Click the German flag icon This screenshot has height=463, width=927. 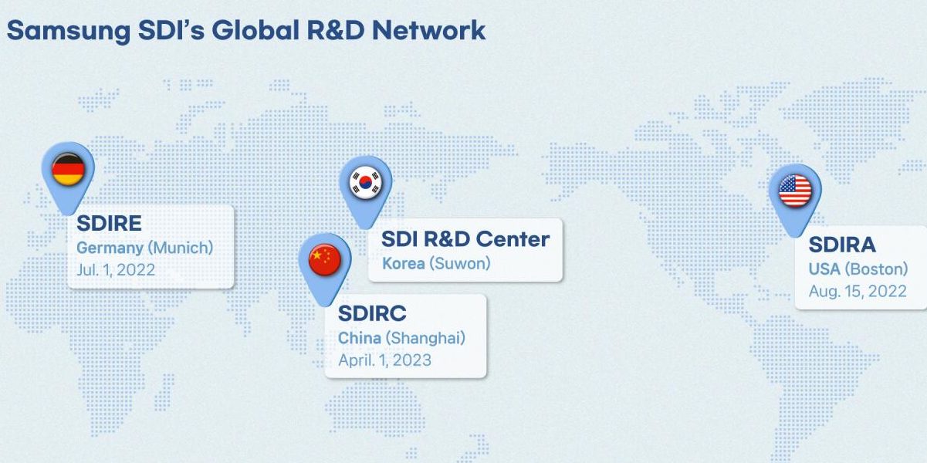pos(68,169)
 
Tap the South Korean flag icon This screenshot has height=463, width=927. pos(365,182)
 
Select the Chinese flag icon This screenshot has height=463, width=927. pos(325,260)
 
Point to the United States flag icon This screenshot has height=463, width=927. pos(795,191)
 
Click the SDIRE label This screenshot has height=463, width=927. pos(110,224)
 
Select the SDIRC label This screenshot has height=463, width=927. pos(372,313)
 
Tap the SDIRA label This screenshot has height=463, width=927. pos(842,245)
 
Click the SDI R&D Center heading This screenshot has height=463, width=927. pos(465,239)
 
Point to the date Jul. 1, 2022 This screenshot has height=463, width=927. pos(116,270)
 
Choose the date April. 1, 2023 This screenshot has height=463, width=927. pos(385,360)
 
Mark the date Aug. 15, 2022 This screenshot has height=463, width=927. pos(858,291)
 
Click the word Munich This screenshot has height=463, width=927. pos(180,248)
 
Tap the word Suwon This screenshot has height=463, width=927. pos(459,264)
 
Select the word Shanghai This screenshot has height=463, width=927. pos(425,338)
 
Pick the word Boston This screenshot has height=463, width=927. pos(876,269)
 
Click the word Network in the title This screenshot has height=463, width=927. pos(428,30)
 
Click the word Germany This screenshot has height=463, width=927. pos(110,248)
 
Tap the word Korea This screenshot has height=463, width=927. pos(404,264)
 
